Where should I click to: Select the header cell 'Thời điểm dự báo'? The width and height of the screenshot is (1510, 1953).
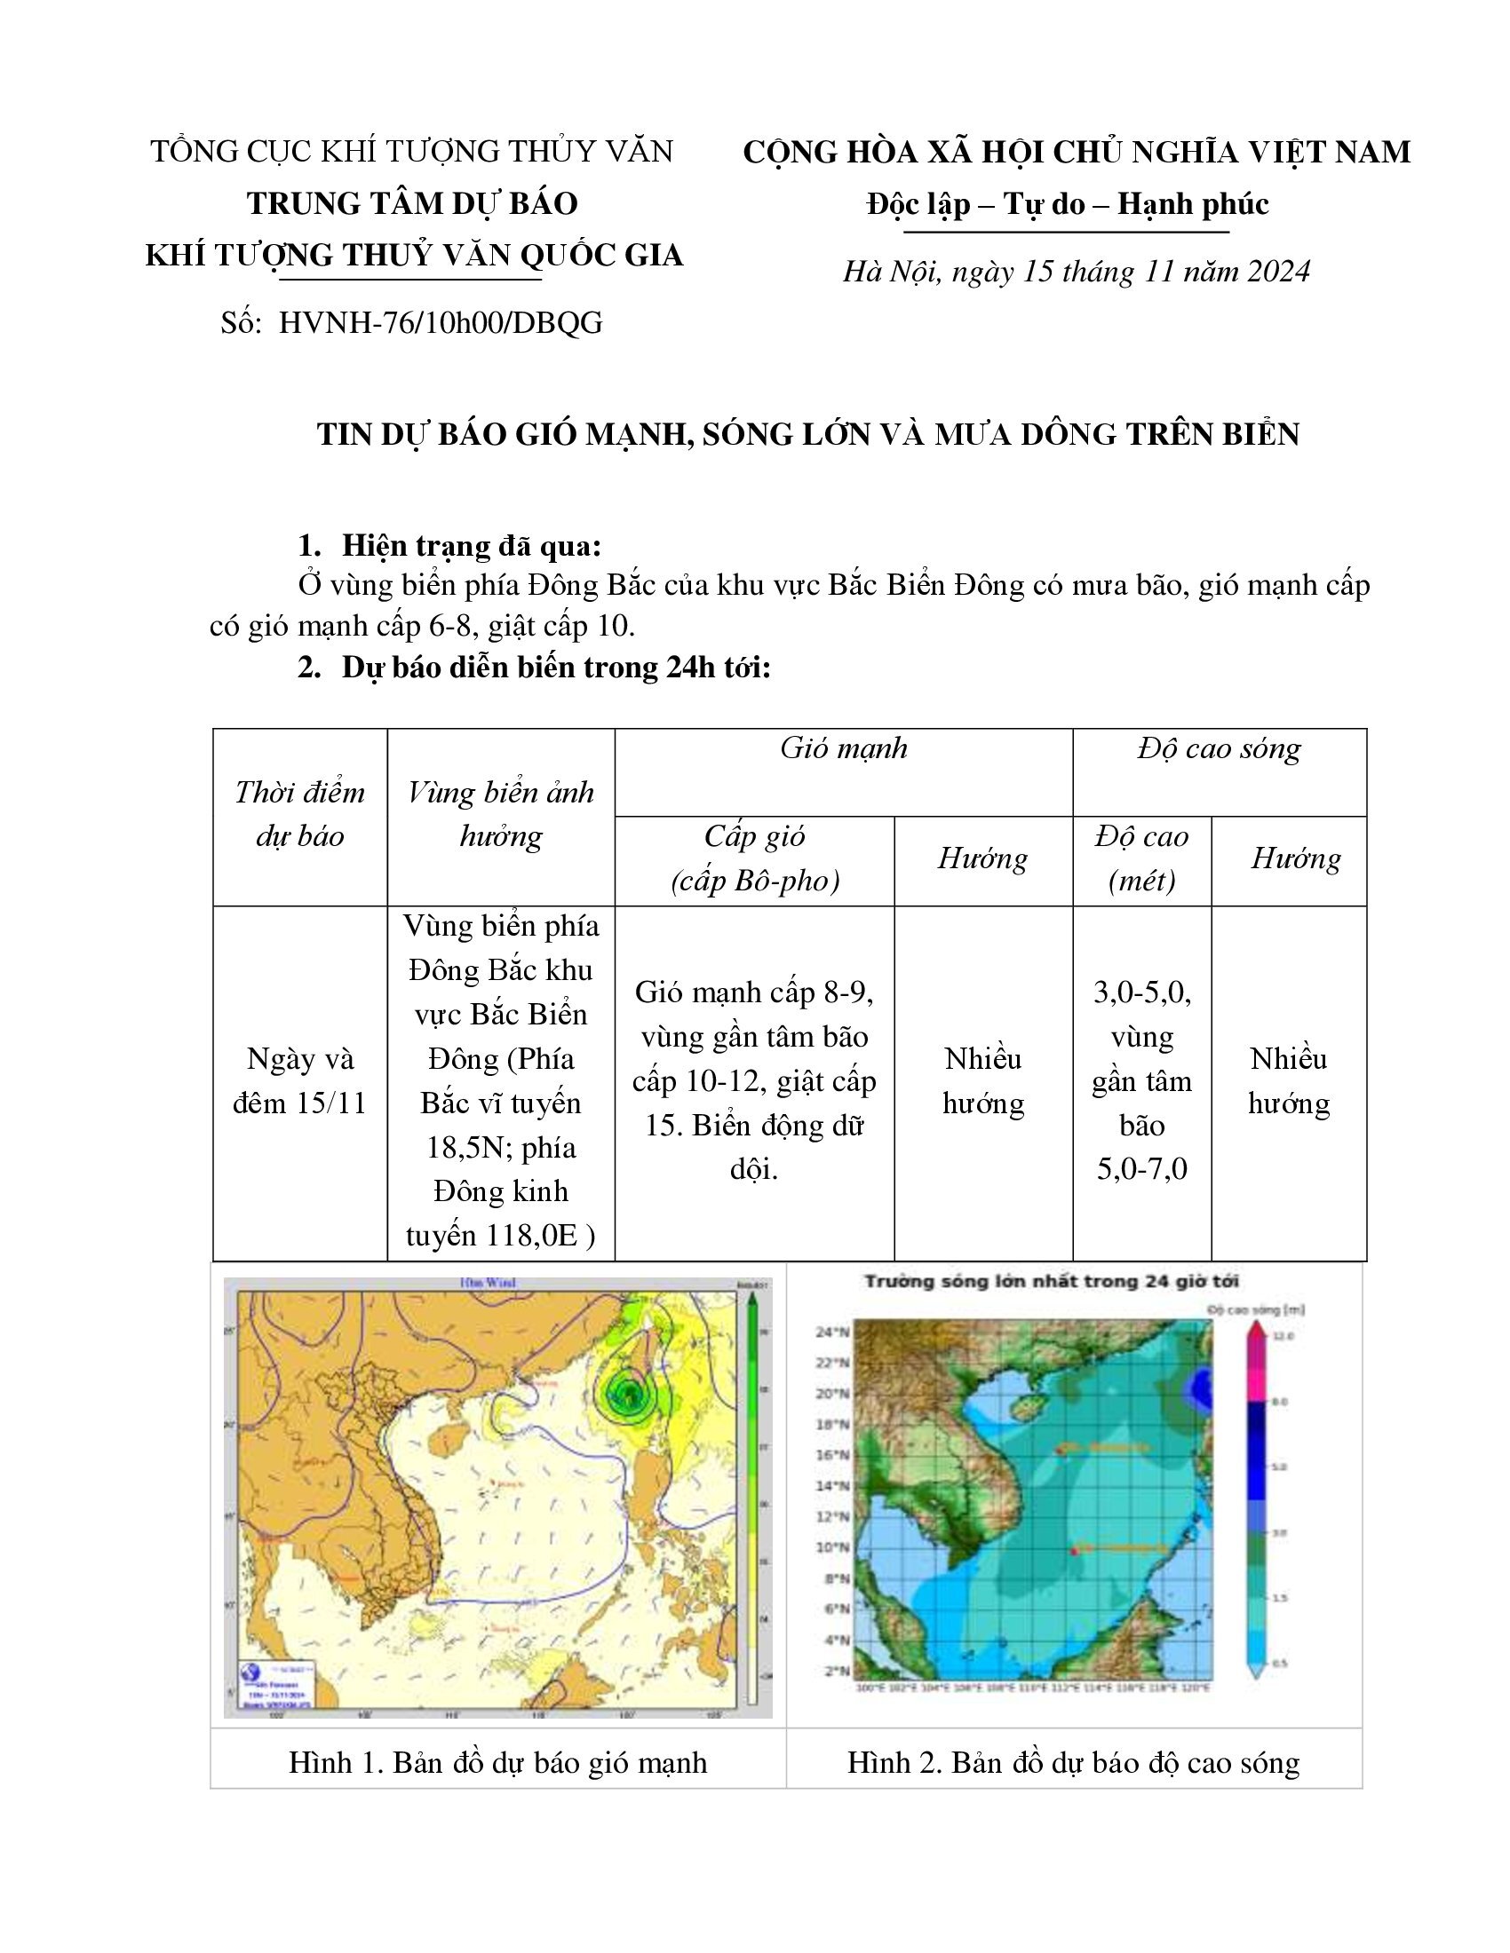pyautogui.click(x=299, y=814)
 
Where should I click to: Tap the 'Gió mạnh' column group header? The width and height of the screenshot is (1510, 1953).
pyautogui.click(x=843, y=748)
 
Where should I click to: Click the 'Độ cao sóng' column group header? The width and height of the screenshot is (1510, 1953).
pyautogui.click(x=1219, y=748)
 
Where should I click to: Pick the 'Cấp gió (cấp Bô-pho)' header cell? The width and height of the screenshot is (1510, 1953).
pyautogui.click(x=754, y=858)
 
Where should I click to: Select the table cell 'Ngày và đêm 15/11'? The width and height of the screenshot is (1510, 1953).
pyautogui.click(x=299, y=1080)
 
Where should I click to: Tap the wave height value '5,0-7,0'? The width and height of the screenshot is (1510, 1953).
pyautogui.click(x=1141, y=1168)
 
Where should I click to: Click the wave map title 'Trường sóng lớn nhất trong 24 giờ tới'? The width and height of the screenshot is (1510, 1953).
pyautogui.click(x=1050, y=1281)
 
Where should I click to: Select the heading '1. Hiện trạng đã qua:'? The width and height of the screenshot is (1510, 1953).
pyautogui.click(x=449, y=545)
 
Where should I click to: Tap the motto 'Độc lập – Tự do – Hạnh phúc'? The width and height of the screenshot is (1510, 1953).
pyautogui.click(x=1067, y=205)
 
